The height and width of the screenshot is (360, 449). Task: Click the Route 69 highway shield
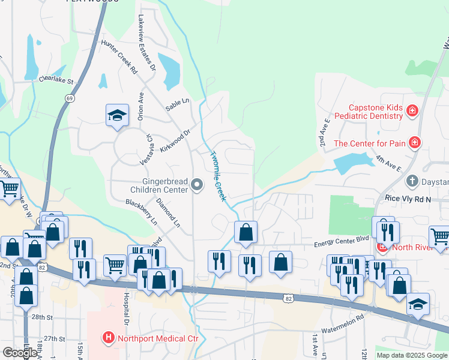point(70,98)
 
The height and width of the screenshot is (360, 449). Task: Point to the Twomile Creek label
point(217,175)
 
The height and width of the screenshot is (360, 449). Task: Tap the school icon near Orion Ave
point(117,115)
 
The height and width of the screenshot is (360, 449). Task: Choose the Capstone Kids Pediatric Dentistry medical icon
point(412,110)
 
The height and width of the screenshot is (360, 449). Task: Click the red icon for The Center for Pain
point(414,143)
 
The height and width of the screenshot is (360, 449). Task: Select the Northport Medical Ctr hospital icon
point(108,338)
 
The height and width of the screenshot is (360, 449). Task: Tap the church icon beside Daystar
point(412,181)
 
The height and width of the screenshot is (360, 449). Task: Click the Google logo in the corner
point(19,353)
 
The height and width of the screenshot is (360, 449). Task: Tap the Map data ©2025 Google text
point(412,355)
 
